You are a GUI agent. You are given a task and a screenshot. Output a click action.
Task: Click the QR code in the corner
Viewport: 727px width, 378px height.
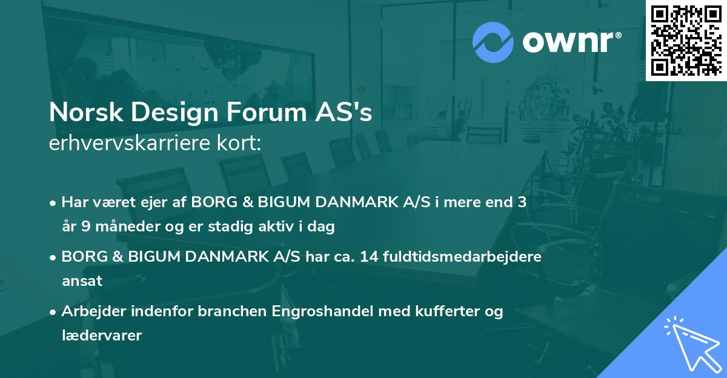[686, 40]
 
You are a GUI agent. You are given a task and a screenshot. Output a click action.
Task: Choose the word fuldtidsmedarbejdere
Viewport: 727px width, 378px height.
[462, 257]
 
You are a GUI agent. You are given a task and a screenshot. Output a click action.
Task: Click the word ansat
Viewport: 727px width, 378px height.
[82, 281]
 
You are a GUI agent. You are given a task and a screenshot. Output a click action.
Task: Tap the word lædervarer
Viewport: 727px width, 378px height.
[102, 335]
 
